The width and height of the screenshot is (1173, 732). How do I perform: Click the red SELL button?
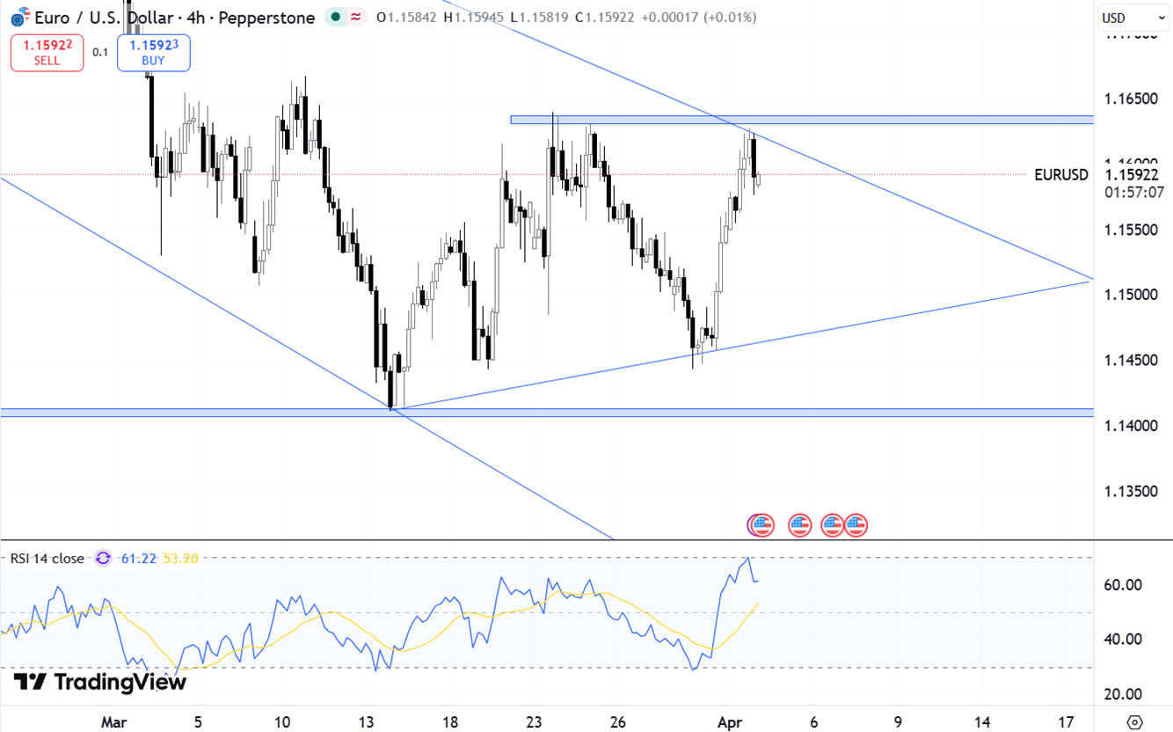point(47,52)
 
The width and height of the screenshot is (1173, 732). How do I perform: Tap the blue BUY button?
point(153,52)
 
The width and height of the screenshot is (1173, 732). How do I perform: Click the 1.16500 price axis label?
point(1131,99)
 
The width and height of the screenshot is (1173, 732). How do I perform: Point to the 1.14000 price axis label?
point(1131,426)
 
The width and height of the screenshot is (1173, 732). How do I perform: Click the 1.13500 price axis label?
point(1131,491)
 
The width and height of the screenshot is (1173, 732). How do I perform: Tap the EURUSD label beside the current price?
point(1060,174)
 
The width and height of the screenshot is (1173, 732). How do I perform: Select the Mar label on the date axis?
point(113,722)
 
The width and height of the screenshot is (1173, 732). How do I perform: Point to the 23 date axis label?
point(534,722)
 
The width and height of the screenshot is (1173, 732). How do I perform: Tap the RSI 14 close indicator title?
point(47,558)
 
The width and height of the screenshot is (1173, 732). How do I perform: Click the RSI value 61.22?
point(139,558)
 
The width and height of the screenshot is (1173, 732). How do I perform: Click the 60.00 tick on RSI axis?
point(1124,585)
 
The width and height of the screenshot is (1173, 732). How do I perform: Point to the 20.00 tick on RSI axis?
point(1124,694)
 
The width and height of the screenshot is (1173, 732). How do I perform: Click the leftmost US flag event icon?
point(761,525)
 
